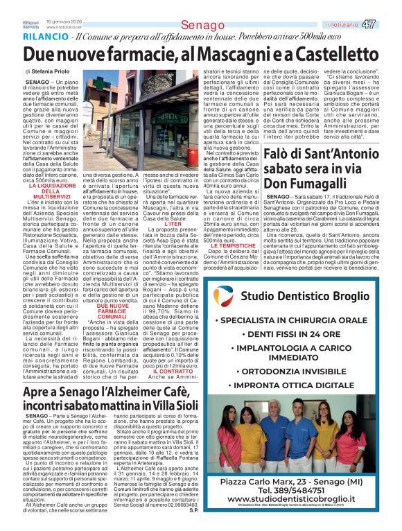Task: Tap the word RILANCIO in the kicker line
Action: pyautogui.click(x=46, y=36)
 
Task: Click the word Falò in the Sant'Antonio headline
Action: pyautogui.click(x=282, y=153)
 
